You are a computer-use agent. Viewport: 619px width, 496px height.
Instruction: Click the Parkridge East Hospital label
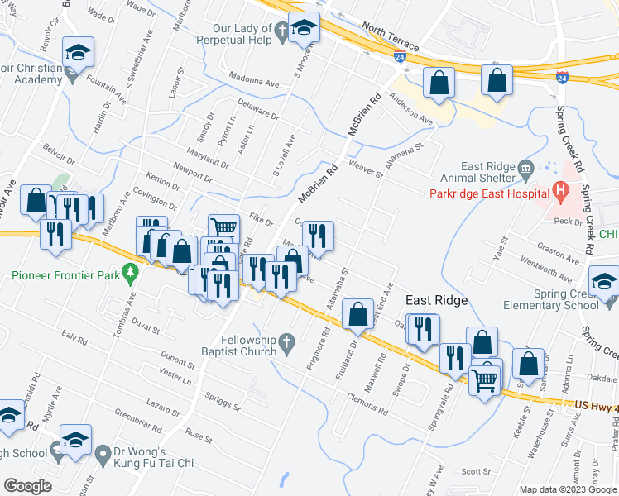tap(485, 194)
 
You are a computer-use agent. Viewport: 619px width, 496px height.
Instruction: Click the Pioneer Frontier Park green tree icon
tap(129, 271)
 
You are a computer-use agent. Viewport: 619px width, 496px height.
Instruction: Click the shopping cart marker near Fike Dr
tap(223, 227)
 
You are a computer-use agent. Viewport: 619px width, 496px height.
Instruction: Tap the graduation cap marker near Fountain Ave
tap(78, 51)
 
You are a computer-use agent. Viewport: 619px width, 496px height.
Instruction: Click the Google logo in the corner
tap(27, 485)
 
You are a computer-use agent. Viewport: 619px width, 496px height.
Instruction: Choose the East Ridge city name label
tap(436, 300)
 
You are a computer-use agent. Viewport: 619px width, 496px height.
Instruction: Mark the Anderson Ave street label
tap(411, 116)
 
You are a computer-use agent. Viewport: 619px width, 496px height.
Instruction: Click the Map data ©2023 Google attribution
tap(569, 489)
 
